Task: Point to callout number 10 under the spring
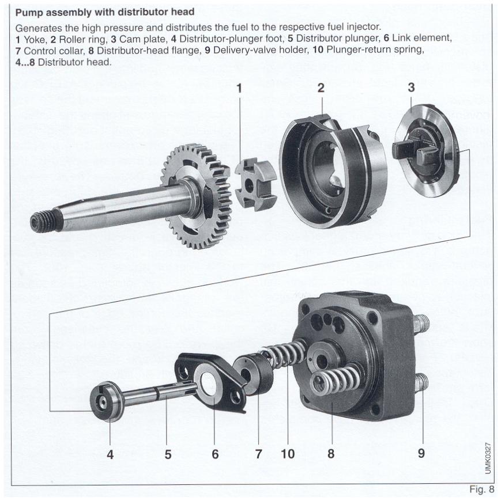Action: (287, 453)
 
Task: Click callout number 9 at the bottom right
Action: (421, 453)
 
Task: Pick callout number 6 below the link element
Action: (215, 453)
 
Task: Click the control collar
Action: (257, 377)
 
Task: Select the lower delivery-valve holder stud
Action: (421, 382)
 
